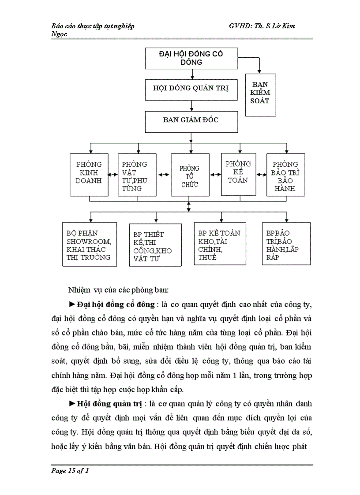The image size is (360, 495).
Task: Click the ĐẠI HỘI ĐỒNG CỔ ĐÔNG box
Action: (x=191, y=58)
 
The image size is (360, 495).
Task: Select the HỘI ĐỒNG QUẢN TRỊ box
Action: (x=191, y=88)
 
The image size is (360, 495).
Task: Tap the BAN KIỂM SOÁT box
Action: (x=260, y=93)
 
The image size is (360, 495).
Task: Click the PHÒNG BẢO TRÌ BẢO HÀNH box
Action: (x=286, y=175)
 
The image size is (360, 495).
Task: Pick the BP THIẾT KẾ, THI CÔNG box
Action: (x=155, y=245)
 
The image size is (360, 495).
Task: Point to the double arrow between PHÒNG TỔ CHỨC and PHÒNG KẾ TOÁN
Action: (x=216, y=175)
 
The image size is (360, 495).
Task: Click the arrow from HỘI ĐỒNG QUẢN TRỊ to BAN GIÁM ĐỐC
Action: (x=191, y=105)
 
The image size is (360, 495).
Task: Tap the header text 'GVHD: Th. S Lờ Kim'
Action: (x=262, y=26)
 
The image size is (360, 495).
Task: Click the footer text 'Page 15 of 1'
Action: (x=70, y=471)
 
